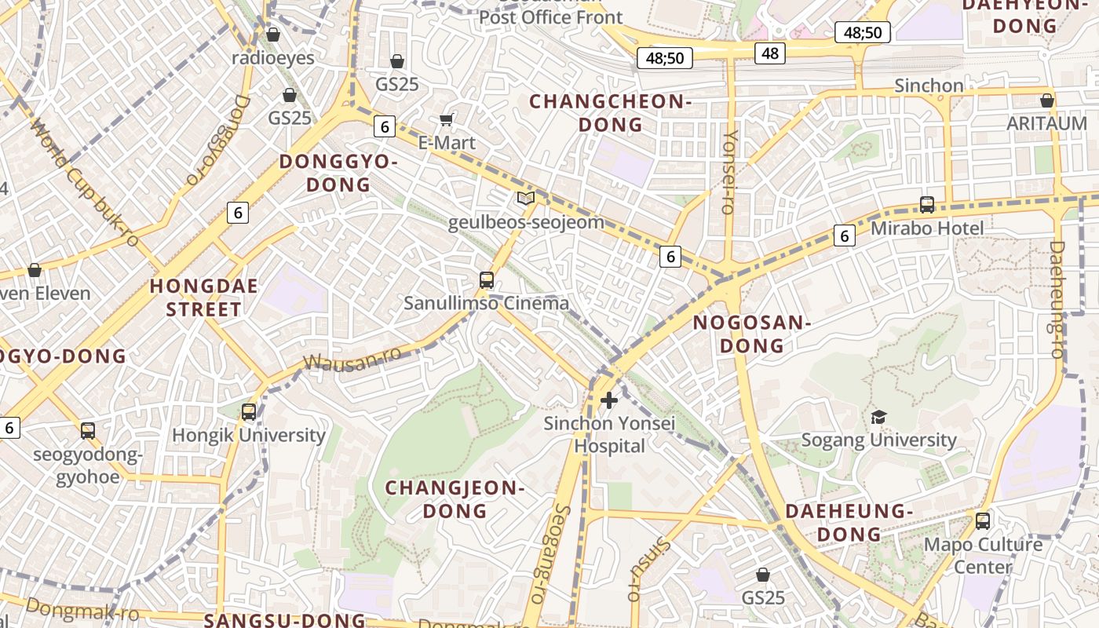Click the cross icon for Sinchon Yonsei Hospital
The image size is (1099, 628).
point(608,400)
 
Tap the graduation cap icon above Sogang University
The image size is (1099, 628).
point(878,417)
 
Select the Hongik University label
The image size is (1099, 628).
point(249,435)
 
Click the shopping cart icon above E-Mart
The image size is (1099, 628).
point(447,119)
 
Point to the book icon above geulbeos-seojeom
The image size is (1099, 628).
point(526,199)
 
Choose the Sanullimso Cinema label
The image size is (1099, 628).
point(486,303)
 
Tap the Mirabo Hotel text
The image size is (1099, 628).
point(927,228)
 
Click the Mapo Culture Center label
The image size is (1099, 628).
point(983,555)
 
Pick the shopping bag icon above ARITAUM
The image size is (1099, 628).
point(1046,100)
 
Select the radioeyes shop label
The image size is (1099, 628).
point(273,58)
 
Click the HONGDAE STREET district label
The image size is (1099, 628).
point(204,298)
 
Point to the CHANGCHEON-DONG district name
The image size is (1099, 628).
point(609,112)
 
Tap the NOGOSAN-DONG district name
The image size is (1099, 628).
point(751,334)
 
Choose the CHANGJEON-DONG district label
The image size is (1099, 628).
point(455,499)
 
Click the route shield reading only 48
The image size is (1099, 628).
point(770,53)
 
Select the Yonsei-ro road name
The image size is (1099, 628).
point(730,172)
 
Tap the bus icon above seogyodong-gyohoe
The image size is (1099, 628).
point(87,431)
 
